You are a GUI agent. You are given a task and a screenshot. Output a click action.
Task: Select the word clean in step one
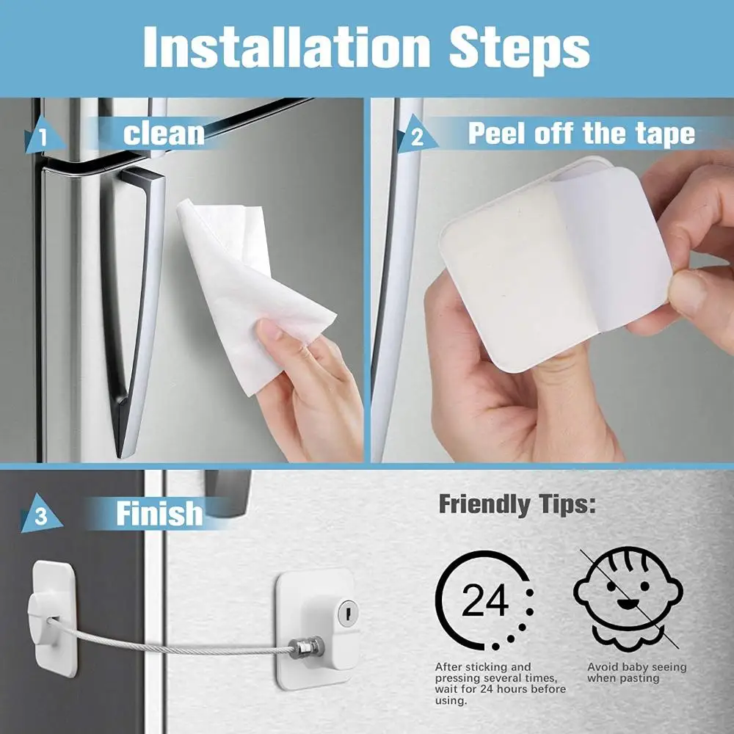click(x=163, y=134)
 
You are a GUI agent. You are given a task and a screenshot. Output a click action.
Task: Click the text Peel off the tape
click(x=581, y=134)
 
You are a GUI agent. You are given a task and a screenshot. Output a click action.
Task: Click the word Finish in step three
click(x=159, y=513)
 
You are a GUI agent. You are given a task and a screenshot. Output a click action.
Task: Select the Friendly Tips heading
click(x=517, y=505)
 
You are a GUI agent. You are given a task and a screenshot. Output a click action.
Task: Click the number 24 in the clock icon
click(x=484, y=602)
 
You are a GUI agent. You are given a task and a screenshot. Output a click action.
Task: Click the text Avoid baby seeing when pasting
click(x=636, y=672)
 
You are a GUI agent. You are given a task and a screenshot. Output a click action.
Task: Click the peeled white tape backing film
click(x=609, y=250)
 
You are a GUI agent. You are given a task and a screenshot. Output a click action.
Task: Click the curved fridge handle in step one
click(x=136, y=308)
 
